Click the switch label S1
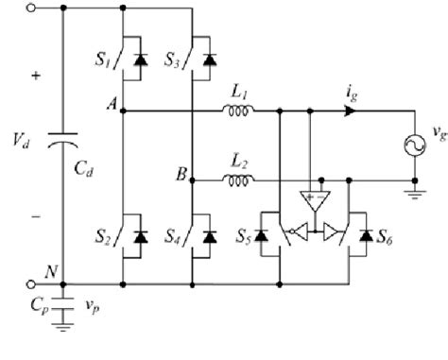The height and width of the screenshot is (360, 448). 105,64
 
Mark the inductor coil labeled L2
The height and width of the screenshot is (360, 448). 237,178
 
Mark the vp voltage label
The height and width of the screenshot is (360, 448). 90,306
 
